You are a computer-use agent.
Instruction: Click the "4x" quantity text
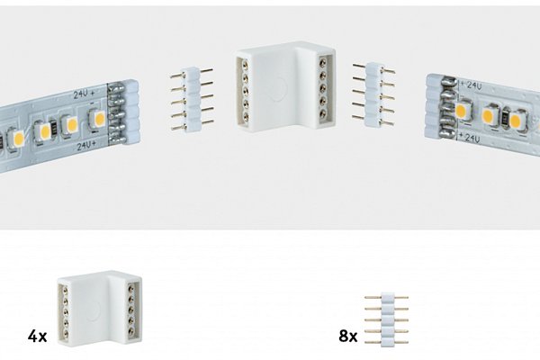click(37, 337)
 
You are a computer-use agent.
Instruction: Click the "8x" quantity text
click(347, 336)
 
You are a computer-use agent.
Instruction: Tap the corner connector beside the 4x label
click(100, 309)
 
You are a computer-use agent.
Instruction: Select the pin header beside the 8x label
click(386, 319)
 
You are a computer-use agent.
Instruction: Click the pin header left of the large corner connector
click(192, 100)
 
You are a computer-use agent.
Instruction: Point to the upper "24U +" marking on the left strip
click(84, 94)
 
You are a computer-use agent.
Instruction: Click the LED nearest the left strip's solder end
click(97, 119)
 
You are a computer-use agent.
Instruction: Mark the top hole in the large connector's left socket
click(245, 65)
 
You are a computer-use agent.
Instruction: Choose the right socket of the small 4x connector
click(132, 310)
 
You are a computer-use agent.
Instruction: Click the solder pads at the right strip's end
click(446, 108)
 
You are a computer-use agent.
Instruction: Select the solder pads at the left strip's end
click(116, 113)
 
